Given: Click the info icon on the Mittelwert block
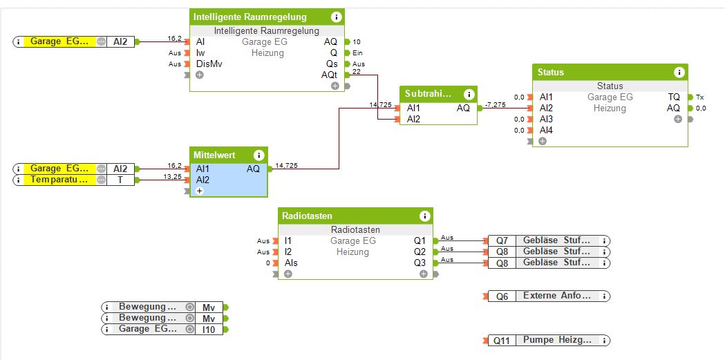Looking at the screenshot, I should pyautogui.click(x=259, y=155).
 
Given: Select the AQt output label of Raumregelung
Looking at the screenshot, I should pyautogui.click(x=329, y=75).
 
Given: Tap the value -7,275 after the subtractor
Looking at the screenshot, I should pyautogui.click(x=496, y=104).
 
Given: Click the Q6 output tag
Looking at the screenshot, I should pyautogui.click(x=502, y=296).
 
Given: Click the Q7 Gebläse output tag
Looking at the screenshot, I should pyautogui.click(x=502, y=240).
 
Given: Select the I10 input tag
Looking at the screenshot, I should pyautogui.click(x=208, y=330).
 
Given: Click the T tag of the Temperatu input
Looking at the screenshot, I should pyautogui.click(x=120, y=180).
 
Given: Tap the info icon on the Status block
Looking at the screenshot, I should pyautogui.click(x=679, y=72).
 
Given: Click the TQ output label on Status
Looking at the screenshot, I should pyautogui.click(x=674, y=97).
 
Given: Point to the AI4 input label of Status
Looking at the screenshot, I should pyautogui.click(x=546, y=131).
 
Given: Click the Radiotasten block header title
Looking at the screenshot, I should pyautogui.click(x=308, y=216).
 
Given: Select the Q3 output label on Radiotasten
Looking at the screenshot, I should pyautogui.click(x=420, y=263).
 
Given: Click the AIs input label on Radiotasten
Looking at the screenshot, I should pyautogui.click(x=291, y=263).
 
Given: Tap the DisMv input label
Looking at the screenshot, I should pyautogui.click(x=209, y=64).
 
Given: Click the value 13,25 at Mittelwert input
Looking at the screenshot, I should pyautogui.click(x=173, y=177).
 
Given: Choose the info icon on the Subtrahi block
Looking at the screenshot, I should pyautogui.click(x=469, y=94).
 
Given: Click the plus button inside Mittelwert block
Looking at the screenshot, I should pyautogui.click(x=200, y=191).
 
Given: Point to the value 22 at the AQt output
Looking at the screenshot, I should pyautogui.click(x=357, y=71).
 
